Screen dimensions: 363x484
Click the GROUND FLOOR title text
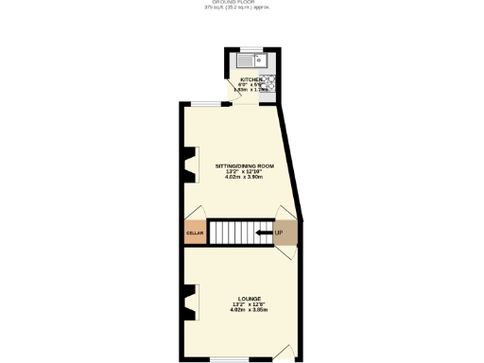243,3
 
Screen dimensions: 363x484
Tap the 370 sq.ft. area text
243,9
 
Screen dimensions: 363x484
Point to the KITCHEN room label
251,79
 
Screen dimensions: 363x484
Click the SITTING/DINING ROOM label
243,164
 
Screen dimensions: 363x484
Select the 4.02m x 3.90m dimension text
243,177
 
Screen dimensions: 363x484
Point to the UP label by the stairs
278,233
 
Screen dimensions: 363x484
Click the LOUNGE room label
243,297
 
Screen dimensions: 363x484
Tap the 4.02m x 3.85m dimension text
243,309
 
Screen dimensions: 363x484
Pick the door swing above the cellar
196,212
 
